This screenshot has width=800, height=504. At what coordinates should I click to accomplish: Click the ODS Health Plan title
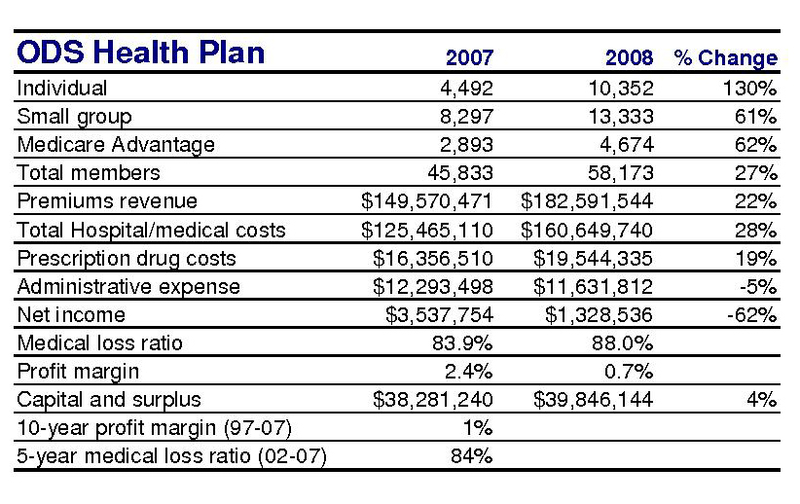coord(141,53)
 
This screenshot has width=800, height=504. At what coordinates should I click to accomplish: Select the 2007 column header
coord(469,57)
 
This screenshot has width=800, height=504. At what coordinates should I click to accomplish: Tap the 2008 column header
coord(629,57)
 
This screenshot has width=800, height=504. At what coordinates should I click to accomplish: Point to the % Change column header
coord(725,57)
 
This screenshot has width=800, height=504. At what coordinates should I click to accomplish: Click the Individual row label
coord(61,88)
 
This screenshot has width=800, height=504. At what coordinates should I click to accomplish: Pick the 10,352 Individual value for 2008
coord(621,89)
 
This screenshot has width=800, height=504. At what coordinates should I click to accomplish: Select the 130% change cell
coord(750,89)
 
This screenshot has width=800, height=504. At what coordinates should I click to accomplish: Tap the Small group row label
coord(75,118)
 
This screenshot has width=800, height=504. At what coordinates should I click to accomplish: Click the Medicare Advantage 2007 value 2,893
coord(466,145)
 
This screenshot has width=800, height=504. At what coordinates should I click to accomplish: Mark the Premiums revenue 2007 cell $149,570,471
coord(426,201)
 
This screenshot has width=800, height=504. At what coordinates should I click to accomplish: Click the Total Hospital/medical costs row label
coord(151,230)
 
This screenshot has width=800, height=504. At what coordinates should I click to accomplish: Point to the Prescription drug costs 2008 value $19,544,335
coord(593,258)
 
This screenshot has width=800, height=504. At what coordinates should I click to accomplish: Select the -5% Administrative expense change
coord(759,287)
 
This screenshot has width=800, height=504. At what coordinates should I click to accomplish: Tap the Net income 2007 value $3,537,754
coord(439,314)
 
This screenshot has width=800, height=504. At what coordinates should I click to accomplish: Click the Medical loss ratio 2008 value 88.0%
coord(623,343)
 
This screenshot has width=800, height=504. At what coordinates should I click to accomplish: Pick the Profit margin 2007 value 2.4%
coord(468,372)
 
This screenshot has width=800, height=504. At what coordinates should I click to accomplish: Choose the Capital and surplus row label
coord(109,400)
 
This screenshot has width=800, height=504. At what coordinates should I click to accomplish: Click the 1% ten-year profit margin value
coord(478,428)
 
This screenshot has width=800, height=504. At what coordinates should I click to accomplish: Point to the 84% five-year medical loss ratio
coord(471,455)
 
